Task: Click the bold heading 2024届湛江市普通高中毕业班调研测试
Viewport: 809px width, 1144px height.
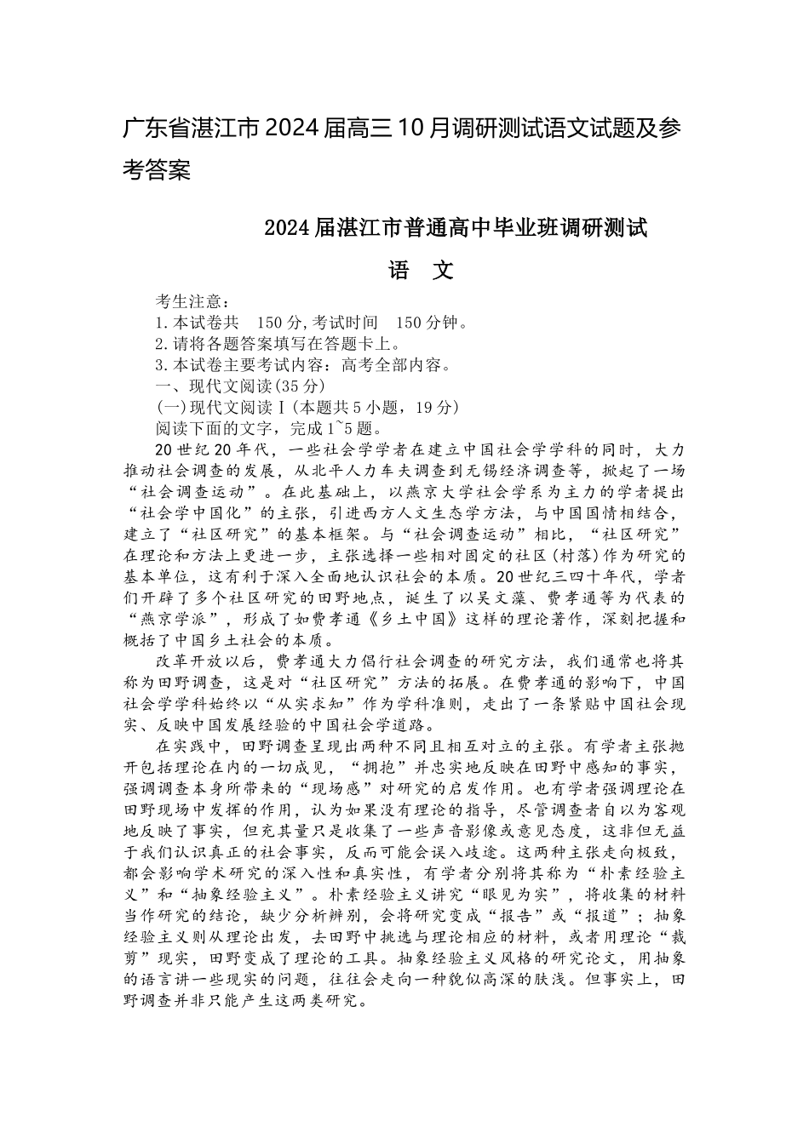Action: coord(456,228)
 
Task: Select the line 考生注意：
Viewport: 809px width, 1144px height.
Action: coord(192,301)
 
